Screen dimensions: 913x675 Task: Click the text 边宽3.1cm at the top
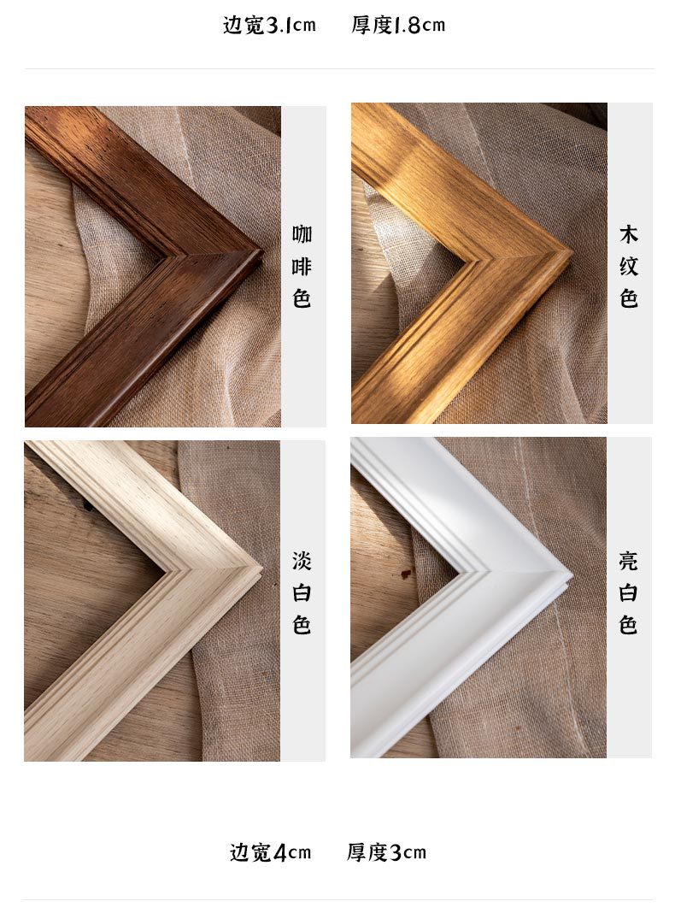tap(269, 25)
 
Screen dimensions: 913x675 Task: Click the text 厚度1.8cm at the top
tap(398, 25)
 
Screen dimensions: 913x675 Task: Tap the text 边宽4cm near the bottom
tap(270, 852)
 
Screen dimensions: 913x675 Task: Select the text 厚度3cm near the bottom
tap(386, 852)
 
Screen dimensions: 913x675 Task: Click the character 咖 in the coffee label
tap(302, 234)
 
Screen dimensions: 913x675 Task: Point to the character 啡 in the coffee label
tap(302, 267)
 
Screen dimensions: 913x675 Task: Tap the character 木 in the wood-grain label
tap(629, 234)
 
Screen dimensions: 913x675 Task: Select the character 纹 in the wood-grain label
tap(629, 267)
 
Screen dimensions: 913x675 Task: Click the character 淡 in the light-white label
tap(302, 562)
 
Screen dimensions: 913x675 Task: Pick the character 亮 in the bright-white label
tap(629, 562)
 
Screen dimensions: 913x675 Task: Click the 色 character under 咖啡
tap(302, 299)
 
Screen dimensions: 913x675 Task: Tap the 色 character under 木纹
tap(629, 299)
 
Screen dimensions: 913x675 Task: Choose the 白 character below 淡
tap(302, 593)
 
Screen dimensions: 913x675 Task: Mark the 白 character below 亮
tap(629, 593)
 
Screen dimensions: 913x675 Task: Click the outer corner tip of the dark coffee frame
tap(261, 250)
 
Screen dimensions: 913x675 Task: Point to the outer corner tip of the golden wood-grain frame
tap(572, 251)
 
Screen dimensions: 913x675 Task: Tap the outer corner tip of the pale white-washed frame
tap(261, 568)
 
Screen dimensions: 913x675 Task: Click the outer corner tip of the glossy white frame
tap(571, 573)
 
